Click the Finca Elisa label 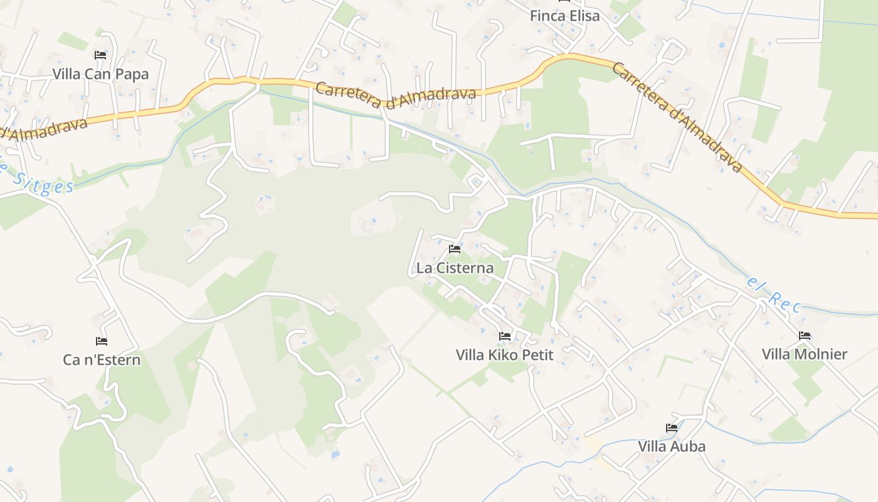point(564,16)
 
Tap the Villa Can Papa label point(100,74)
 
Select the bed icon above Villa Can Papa point(100,55)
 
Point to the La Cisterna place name point(455,268)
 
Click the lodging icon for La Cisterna point(455,249)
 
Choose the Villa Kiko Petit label point(505,355)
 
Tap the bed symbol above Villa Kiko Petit point(505,336)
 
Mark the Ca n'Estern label point(102,360)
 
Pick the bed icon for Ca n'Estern point(102,341)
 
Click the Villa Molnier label point(805,355)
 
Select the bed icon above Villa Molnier point(805,336)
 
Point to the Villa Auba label point(672,447)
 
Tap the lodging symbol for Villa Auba point(672,428)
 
